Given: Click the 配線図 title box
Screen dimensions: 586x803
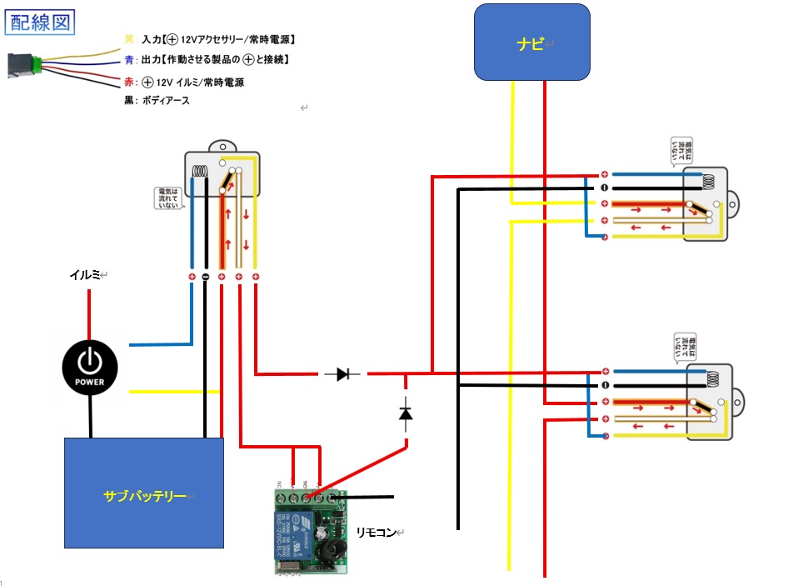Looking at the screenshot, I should [x=41, y=21].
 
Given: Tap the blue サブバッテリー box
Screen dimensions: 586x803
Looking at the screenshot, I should [x=144, y=493].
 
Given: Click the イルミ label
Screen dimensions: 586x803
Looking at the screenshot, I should [x=86, y=273].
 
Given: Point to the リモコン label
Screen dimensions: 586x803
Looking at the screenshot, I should [x=376, y=531].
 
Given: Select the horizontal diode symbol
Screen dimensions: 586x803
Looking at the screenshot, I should [x=342, y=374].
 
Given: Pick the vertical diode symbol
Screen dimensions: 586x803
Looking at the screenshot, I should [x=406, y=412].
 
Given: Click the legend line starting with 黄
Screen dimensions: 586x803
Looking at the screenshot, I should [x=208, y=39].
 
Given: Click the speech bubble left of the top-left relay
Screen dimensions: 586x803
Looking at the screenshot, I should [x=167, y=198].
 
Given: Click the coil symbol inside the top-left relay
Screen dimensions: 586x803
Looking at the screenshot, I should [x=200, y=172].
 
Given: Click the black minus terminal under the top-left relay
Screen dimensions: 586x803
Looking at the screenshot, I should [x=204, y=276].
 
